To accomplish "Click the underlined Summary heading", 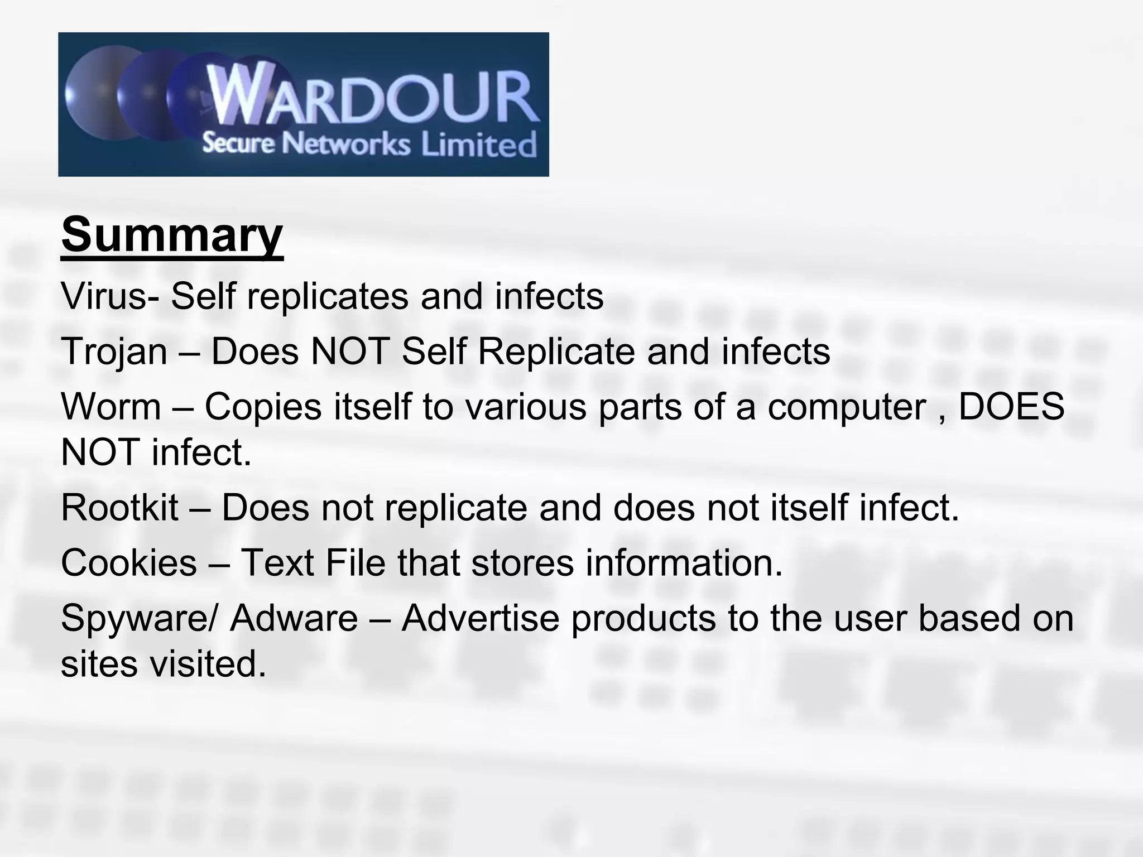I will click(x=172, y=235).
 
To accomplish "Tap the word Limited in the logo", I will click(x=478, y=145).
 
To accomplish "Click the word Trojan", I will click(x=114, y=352).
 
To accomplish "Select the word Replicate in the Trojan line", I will click(x=556, y=352).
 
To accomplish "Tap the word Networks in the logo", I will click(x=345, y=144).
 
